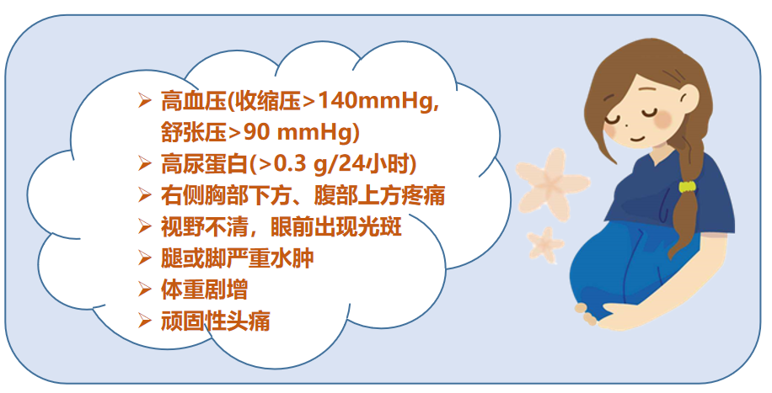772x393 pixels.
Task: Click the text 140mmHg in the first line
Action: (x=374, y=102)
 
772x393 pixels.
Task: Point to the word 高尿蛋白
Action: (x=204, y=164)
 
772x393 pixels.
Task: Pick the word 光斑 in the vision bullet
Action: (x=380, y=226)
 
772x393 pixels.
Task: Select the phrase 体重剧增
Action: (x=204, y=289)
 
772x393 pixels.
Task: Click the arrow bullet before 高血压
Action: (x=144, y=100)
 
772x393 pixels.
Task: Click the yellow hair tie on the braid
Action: (x=688, y=187)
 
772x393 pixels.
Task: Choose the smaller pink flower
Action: (x=545, y=244)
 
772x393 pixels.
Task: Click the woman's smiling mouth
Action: (x=638, y=138)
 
